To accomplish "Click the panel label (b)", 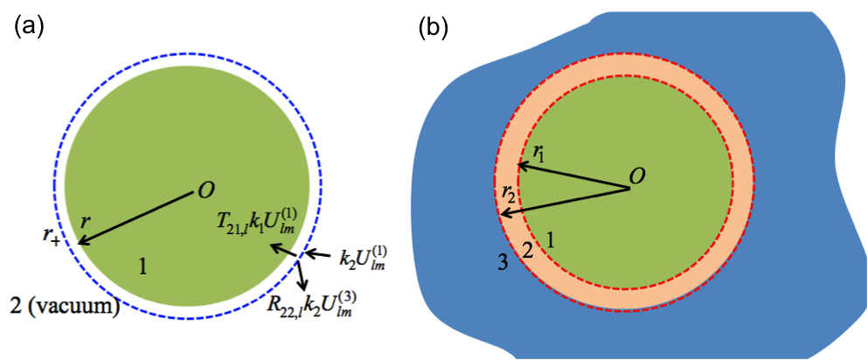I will click(x=434, y=27).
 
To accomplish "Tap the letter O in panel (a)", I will click(x=206, y=190).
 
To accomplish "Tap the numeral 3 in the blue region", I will click(x=503, y=260).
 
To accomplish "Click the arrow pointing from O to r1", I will click(x=573, y=176).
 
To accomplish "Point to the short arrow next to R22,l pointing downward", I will click(x=302, y=274).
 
